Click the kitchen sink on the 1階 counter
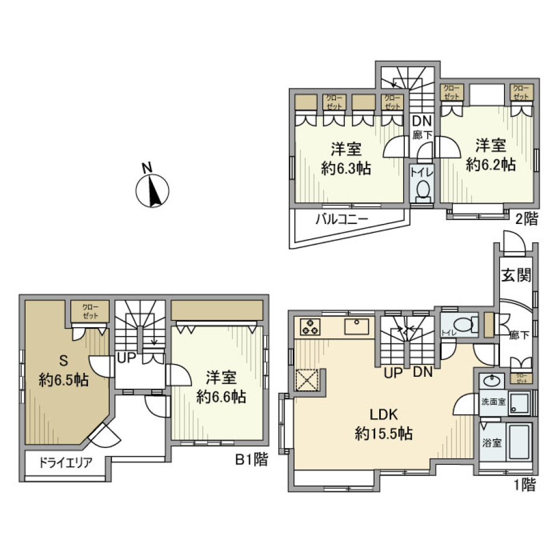click(x=355, y=327)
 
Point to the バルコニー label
click(x=342, y=220)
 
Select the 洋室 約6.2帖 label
click(x=491, y=155)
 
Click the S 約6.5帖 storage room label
click(x=64, y=371)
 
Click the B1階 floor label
click(x=251, y=460)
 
